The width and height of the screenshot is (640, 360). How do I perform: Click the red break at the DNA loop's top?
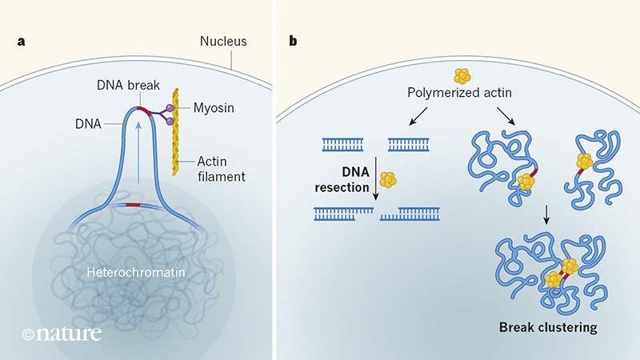(142, 109)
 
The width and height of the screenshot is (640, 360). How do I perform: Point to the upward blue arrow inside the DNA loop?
(141, 153)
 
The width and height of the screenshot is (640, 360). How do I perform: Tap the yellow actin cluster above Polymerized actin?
(462, 77)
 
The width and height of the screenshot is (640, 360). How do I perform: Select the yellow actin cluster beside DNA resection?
(388, 180)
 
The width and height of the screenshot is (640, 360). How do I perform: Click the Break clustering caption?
(548, 327)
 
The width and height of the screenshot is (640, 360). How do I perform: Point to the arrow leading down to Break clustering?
(546, 216)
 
